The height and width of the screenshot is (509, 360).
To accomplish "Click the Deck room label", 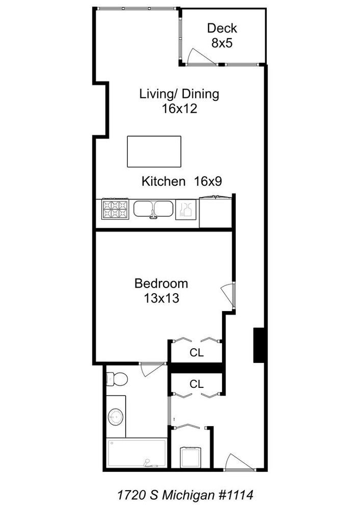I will [222, 29].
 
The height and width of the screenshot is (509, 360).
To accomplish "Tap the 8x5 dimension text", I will [222, 43].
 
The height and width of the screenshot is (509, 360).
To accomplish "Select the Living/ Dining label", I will [179, 94].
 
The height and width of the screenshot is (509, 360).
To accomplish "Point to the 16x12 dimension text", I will [179, 108].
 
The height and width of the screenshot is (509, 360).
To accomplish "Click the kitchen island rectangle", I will [154, 151].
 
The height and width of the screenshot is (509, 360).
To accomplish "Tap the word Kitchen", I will [163, 181].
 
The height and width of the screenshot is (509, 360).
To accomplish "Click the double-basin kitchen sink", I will [153, 209].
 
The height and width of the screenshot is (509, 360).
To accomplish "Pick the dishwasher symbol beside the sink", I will [185, 210].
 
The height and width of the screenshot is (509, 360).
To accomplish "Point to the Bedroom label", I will [161, 284].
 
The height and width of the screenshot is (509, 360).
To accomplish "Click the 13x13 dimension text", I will [161, 298].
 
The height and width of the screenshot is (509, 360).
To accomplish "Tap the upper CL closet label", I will [197, 353].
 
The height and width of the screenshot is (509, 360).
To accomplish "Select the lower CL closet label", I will [197, 384].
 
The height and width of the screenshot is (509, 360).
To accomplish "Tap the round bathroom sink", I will [116, 418].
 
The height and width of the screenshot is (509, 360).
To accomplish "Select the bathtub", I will [137, 453].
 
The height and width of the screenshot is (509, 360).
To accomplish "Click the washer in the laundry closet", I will [191, 456].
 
